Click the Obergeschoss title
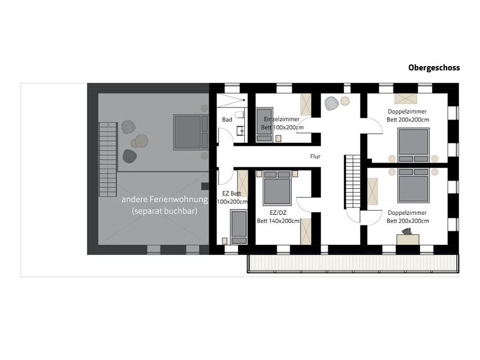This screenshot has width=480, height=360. pos(434,68)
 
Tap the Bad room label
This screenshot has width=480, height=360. pos(227,119)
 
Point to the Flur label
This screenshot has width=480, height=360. pos(315,157)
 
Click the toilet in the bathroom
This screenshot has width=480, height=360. pos(239,115)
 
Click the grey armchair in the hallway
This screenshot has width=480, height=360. pos(331,103)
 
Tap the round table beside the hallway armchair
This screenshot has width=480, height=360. pos(345,101)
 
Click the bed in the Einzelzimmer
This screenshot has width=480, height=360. pos(264,124)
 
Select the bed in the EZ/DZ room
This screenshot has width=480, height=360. pos(277,188)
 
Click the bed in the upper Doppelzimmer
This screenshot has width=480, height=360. pos(413,145)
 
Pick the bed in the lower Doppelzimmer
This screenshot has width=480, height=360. pos(413,185)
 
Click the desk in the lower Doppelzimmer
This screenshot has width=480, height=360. pos(408,239)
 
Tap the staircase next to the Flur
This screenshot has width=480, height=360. pos(353,182)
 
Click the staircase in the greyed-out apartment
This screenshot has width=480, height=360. pos(108,159)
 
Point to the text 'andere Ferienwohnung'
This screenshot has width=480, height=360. pos(164,200)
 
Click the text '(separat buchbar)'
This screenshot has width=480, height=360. pos(164,211)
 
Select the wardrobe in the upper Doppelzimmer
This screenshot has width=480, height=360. pos(406,99)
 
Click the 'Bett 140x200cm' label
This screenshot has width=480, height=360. pos(278,221)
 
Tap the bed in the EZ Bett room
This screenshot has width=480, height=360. pos(239,227)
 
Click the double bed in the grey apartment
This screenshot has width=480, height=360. pos(191,132)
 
